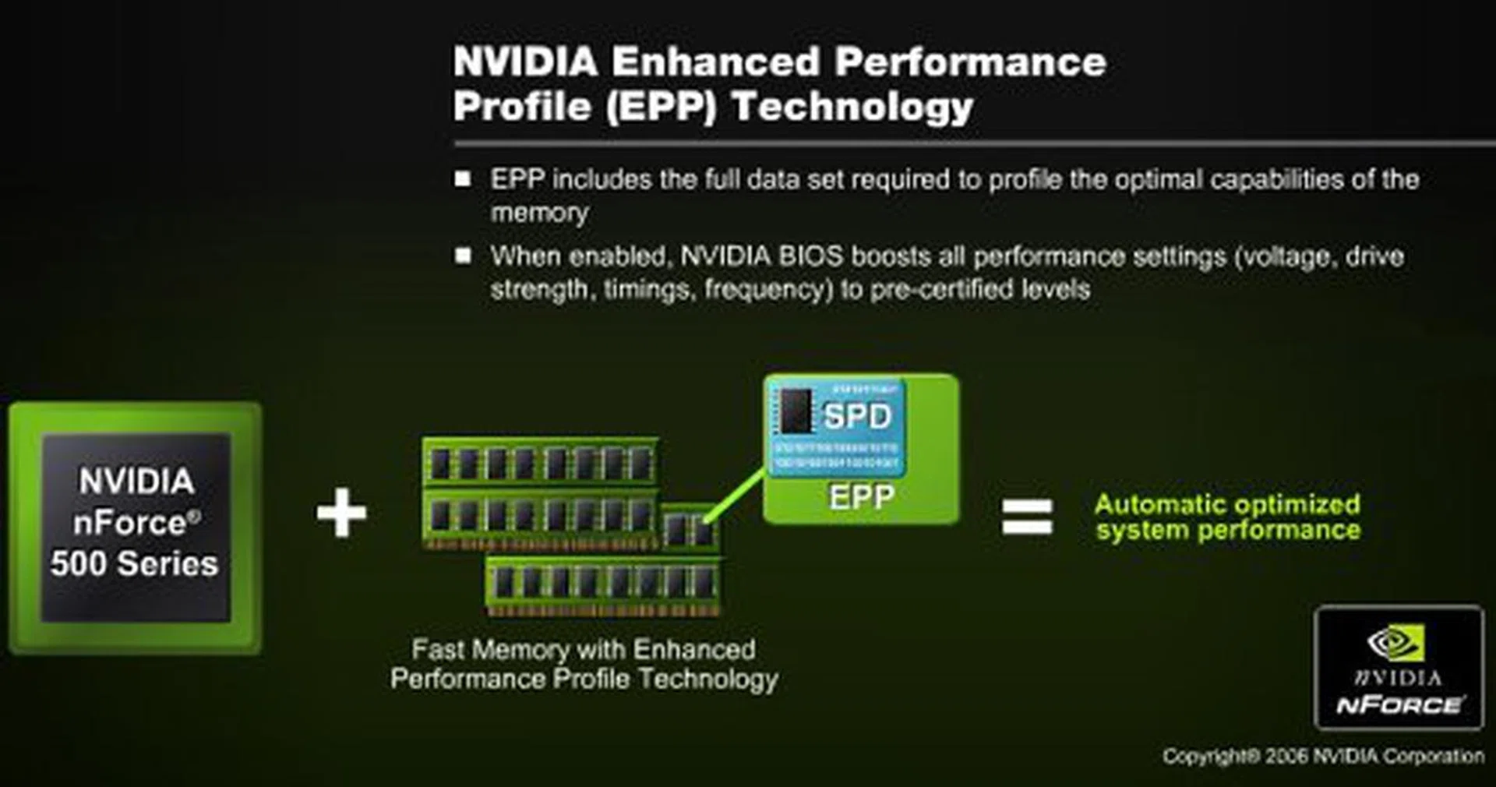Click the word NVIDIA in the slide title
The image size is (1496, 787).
[525, 62]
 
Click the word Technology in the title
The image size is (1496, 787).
[852, 107]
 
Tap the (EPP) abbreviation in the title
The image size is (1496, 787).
[662, 108]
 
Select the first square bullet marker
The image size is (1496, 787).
[463, 179]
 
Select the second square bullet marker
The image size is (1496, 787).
[463, 256]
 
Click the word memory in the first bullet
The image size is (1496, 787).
[539, 213]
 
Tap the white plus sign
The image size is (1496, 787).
[341, 513]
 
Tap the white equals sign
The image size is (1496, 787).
[1027, 517]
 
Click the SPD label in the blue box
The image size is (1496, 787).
[857, 416]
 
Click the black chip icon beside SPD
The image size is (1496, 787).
[796, 410]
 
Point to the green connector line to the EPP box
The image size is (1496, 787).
[735, 492]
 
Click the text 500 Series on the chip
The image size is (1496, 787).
[134, 563]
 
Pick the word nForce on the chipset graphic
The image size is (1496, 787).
[130, 522]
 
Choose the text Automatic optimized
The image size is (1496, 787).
[1227, 504]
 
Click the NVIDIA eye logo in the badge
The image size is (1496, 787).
[1397, 643]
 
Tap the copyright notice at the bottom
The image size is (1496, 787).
[1322, 756]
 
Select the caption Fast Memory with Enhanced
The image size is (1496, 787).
[584, 649]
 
